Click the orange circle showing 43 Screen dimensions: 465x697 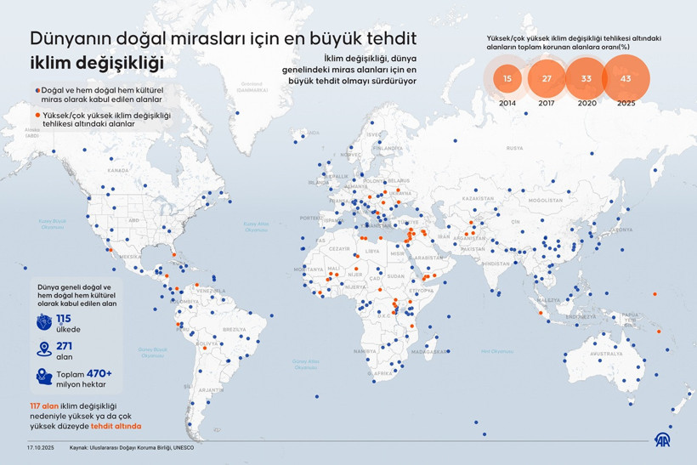pyautogui.click(x=626, y=78)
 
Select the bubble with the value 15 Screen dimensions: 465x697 pyautogui.click(x=507, y=78)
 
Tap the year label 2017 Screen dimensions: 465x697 pyautogui.click(x=547, y=102)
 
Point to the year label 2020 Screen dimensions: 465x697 pyautogui.click(x=586, y=102)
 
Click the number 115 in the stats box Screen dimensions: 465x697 pyautogui.click(x=64, y=319)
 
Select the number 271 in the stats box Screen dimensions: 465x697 pyautogui.click(x=65, y=345)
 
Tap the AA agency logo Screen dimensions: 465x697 pyautogui.click(x=662, y=439)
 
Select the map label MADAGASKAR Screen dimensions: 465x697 pyautogui.click(x=433, y=350)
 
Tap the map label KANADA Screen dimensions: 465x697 pyautogui.click(x=117, y=170)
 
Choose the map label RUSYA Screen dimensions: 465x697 pyautogui.click(x=514, y=147)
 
